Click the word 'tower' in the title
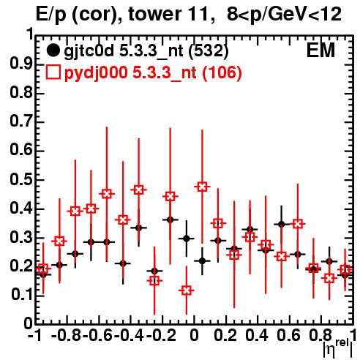click(154, 14)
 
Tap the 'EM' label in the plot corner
click(320, 50)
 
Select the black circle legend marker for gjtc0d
click(53, 50)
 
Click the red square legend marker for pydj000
click(53, 72)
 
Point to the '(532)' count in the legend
click(209, 51)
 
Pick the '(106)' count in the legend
click(222, 72)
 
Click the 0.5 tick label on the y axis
click(21, 179)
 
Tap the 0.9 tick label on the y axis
click(21, 64)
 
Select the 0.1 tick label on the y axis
click(21, 295)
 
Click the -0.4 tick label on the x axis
click(130, 335)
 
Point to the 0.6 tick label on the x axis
click(288, 335)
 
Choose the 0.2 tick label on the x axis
click(225, 335)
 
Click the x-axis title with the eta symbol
click(337, 348)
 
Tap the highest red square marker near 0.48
click(202, 187)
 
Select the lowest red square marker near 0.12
click(187, 290)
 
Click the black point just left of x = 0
click(187, 239)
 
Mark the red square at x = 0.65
click(298, 224)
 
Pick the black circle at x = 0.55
click(282, 225)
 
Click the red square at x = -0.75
click(75, 211)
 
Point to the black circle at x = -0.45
click(123, 263)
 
